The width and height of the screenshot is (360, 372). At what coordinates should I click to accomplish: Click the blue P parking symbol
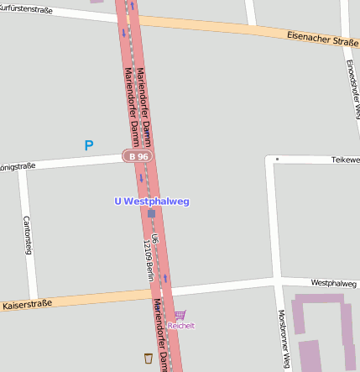[x=89, y=146]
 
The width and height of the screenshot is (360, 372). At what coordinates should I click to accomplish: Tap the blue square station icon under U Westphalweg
[x=152, y=214]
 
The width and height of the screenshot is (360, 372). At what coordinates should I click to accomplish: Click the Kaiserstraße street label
[x=27, y=303]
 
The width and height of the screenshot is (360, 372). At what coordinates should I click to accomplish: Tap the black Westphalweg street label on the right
[x=333, y=284]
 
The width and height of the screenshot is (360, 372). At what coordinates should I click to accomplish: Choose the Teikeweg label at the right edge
[x=345, y=159]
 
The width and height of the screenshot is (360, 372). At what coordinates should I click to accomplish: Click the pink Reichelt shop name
[x=180, y=325]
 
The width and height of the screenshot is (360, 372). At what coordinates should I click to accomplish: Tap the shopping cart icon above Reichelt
[x=180, y=315]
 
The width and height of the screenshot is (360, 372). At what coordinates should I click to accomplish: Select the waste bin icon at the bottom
[x=149, y=358]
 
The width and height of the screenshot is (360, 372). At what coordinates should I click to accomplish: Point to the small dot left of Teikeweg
[x=277, y=158]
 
